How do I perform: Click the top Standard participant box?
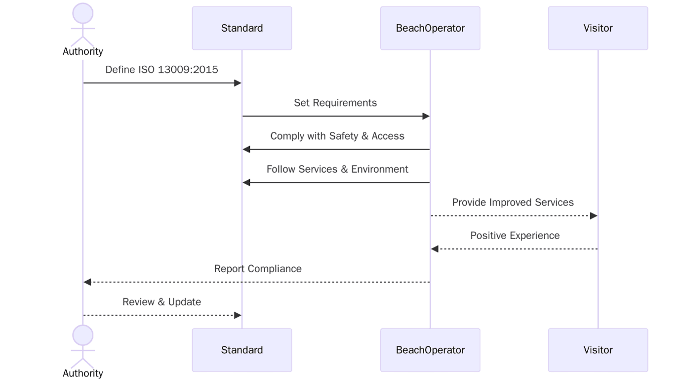point(241,28)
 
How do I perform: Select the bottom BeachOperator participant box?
point(430,350)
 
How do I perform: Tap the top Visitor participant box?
point(598,28)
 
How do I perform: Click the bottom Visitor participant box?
point(598,350)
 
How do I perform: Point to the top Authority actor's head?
point(83,13)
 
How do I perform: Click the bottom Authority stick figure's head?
point(83,335)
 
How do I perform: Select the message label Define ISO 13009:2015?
point(161,70)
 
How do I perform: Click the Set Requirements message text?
point(335,103)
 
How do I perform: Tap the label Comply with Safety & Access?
point(337,136)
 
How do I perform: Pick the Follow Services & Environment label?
point(337,169)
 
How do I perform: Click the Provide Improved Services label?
point(513,202)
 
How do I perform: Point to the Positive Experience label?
point(515,235)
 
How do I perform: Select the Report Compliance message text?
point(257,268)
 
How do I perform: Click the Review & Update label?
point(161,301)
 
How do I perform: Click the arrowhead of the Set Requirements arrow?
point(426,116)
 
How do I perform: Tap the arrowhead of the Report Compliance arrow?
point(87,282)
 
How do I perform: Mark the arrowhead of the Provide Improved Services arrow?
point(594,216)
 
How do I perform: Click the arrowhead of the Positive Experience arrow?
point(435,249)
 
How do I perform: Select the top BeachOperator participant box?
point(430,28)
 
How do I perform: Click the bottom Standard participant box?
point(241,350)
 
